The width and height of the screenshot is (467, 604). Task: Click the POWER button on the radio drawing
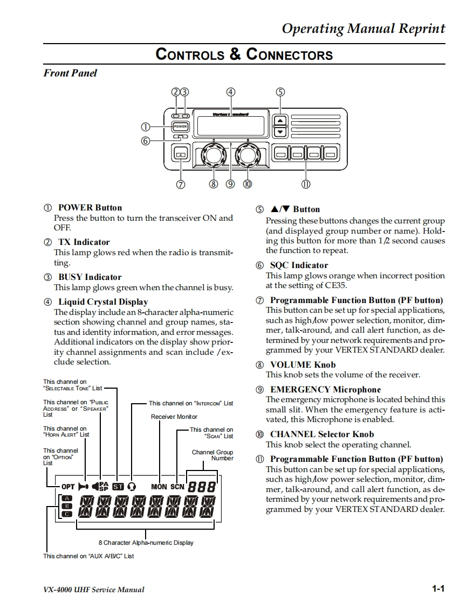click(180, 127)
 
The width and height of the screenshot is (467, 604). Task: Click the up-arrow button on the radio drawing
click(280, 120)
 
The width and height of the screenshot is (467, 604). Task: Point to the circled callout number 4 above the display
click(231, 92)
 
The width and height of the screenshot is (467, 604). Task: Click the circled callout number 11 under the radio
click(306, 184)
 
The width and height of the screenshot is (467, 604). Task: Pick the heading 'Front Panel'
click(70, 73)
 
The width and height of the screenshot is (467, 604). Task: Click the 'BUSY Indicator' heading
click(90, 277)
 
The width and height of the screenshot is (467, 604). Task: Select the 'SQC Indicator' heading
click(299, 265)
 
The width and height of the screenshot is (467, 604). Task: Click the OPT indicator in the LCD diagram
click(68, 487)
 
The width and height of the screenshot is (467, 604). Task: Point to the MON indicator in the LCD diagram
click(159, 487)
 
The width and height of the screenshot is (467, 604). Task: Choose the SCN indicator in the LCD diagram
click(177, 487)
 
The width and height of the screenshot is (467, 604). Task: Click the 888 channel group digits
click(202, 487)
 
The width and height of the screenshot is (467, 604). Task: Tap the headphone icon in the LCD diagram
click(132, 487)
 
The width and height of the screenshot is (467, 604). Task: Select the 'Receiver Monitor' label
click(174, 417)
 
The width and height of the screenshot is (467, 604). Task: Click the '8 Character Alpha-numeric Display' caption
click(146, 543)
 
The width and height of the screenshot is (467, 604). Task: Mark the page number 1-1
click(438, 589)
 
